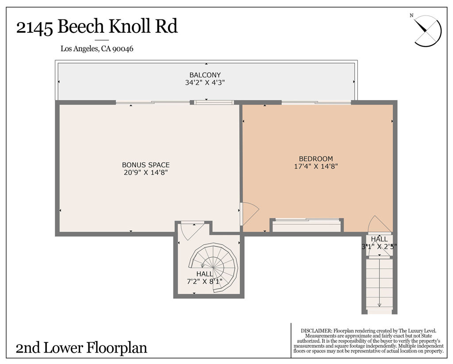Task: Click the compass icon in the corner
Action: (428, 31)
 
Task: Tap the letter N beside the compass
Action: (411, 16)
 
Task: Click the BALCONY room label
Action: (205, 75)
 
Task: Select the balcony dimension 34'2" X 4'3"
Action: (205, 82)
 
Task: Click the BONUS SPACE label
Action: (146, 165)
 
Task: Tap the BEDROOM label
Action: (316, 159)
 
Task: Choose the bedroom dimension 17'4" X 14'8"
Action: (316, 166)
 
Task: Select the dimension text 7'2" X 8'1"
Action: (205, 281)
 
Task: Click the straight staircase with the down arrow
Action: (379, 286)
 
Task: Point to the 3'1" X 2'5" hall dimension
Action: (379, 247)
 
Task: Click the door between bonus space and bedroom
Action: (249, 214)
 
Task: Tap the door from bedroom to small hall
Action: (380, 225)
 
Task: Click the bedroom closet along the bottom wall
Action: (306, 225)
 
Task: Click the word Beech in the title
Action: (81, 27)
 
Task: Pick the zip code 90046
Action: (123, 49)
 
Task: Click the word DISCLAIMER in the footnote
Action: (316, 331)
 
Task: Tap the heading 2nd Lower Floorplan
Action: (81, 348)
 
